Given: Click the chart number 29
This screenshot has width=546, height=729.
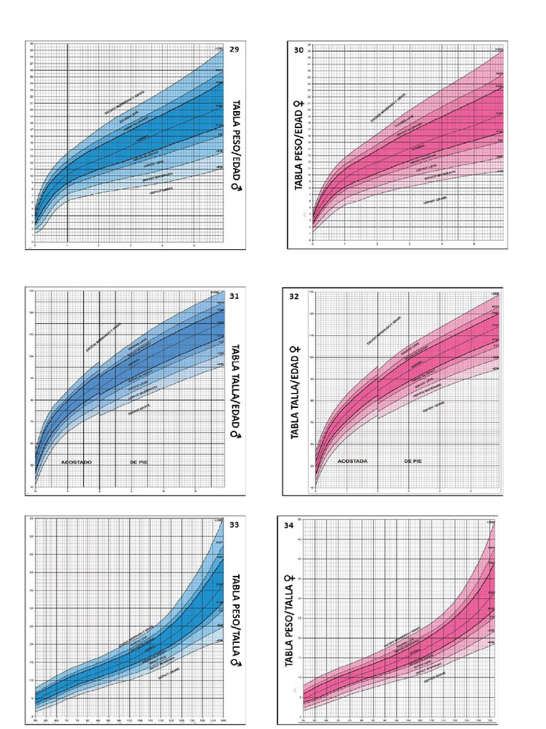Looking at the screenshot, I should pos(235,49).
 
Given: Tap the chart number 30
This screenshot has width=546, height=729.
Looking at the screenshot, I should pos(299,50).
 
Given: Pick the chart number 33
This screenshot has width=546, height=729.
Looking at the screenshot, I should pos(235,525).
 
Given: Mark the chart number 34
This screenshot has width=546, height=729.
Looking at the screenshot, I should pos(289,525).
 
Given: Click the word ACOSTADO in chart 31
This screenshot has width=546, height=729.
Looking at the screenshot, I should pos(76,462).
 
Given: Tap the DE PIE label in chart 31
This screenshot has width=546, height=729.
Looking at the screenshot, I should pos(139,462).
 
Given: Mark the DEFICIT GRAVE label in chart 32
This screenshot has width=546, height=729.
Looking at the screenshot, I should pos(434,410).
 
